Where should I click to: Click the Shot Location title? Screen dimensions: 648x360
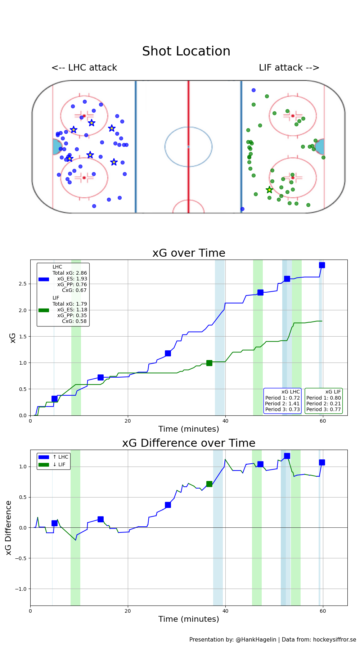pos(186,51)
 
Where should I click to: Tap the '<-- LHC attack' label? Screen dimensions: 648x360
pos(84,68)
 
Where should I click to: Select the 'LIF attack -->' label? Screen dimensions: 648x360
pos(289,68)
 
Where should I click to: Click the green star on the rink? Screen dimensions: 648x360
pos(269,190)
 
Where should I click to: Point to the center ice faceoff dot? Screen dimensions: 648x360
pos(188,147)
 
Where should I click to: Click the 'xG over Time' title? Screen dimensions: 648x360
pos(189,253)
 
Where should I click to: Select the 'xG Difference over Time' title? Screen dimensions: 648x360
pos(189,443)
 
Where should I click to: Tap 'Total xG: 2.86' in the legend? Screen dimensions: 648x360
pos(69,273)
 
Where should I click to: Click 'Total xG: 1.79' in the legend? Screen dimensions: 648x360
pos(69,304)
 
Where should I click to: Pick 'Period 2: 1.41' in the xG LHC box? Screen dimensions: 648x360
pos(282,404)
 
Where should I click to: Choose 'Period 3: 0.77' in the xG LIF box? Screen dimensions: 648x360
pos(323,409)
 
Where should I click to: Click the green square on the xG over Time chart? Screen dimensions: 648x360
pos(209,363)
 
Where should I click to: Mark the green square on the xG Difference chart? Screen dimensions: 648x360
pos(209,484)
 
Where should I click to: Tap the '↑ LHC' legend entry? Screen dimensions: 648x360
pos(60,457)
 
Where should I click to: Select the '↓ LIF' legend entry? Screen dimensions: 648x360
pos(59,465)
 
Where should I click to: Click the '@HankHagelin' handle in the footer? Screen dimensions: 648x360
pos(256,640)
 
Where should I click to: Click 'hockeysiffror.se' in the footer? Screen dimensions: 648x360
pos(334,640)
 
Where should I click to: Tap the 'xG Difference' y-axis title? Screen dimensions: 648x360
pos(9,528)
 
